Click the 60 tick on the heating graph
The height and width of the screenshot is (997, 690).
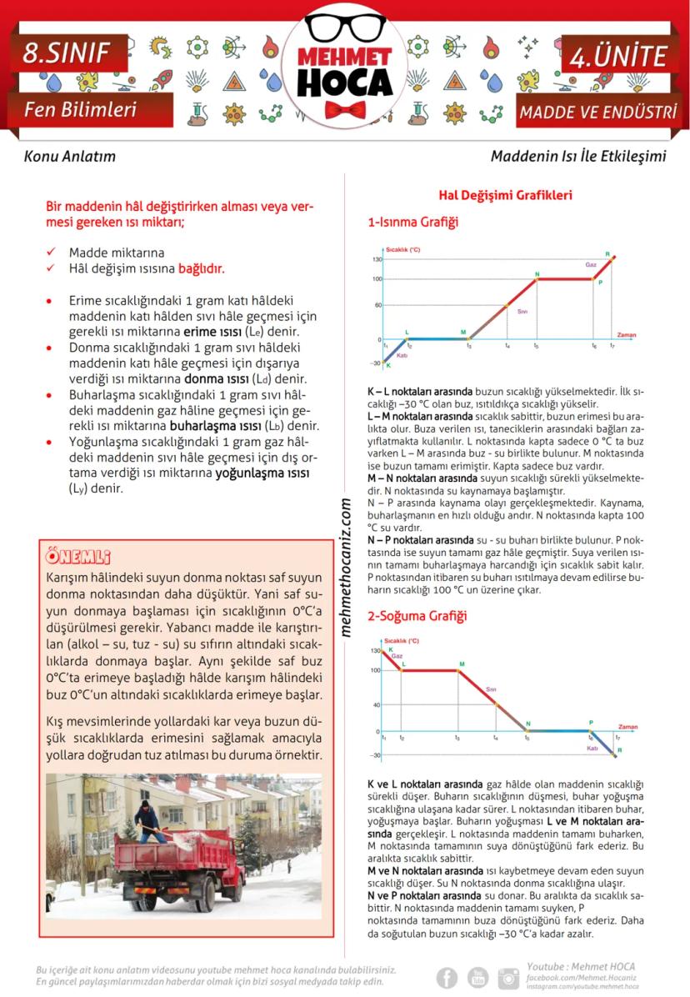pos(377,305)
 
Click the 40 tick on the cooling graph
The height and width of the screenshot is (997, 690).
pos(377,704)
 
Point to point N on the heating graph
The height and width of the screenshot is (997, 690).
pos(537,275)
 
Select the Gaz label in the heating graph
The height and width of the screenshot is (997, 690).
pos(591,264)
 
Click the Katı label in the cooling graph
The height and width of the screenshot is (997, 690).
pos(593,749)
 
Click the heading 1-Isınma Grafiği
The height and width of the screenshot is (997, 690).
pos(412,223)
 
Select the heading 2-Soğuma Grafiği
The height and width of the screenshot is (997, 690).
pos(417,616)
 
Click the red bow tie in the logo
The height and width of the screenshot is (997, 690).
pos(345,110)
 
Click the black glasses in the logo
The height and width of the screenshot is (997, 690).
pos(345,28)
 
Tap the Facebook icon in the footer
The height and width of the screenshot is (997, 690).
pos(447,978)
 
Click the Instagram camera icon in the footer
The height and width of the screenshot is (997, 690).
pos(508,978)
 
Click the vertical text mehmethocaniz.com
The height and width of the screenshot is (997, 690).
pos(346,568)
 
